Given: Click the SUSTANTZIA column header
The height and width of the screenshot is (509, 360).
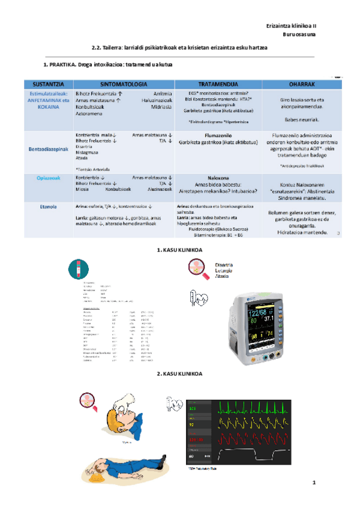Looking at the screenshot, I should (x=44, y=83).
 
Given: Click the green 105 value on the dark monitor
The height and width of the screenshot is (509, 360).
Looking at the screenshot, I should (x=194, y=409).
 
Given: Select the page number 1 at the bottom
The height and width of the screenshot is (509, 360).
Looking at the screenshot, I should (x=313, y=483).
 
